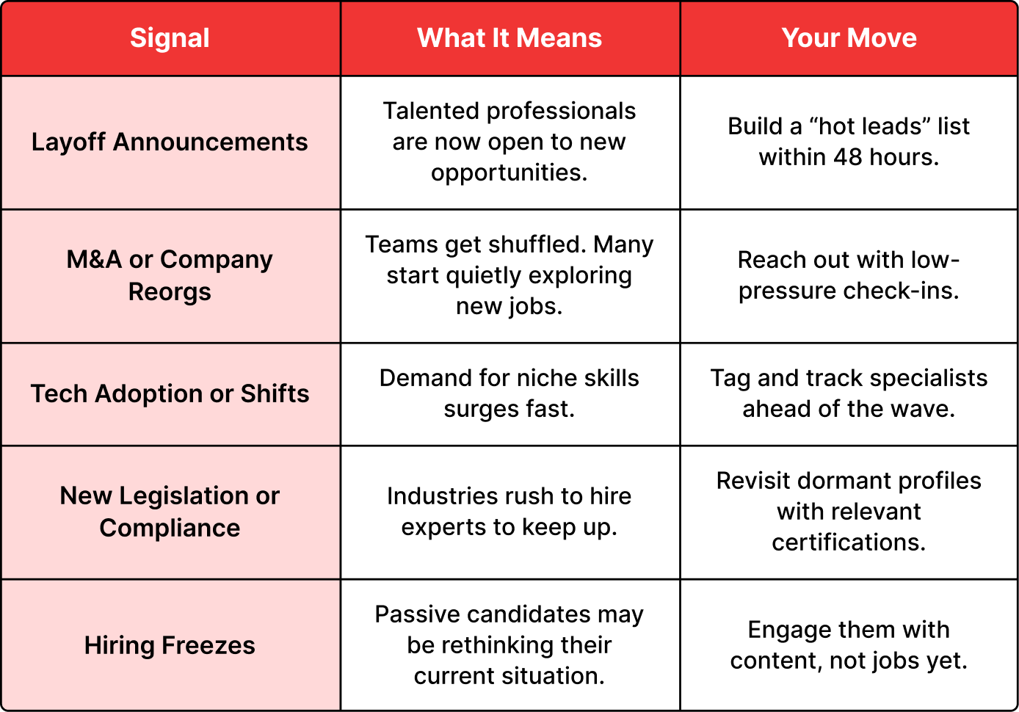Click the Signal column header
170,38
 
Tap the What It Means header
510,37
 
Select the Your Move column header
849,37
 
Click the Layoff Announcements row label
170,142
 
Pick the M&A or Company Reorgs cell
170,275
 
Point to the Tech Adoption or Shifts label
170,393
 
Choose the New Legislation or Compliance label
170,512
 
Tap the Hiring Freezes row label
170,646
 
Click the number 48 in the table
848,157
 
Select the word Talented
431,111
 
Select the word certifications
849,542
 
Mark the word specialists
928,379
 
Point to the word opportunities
510,174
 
